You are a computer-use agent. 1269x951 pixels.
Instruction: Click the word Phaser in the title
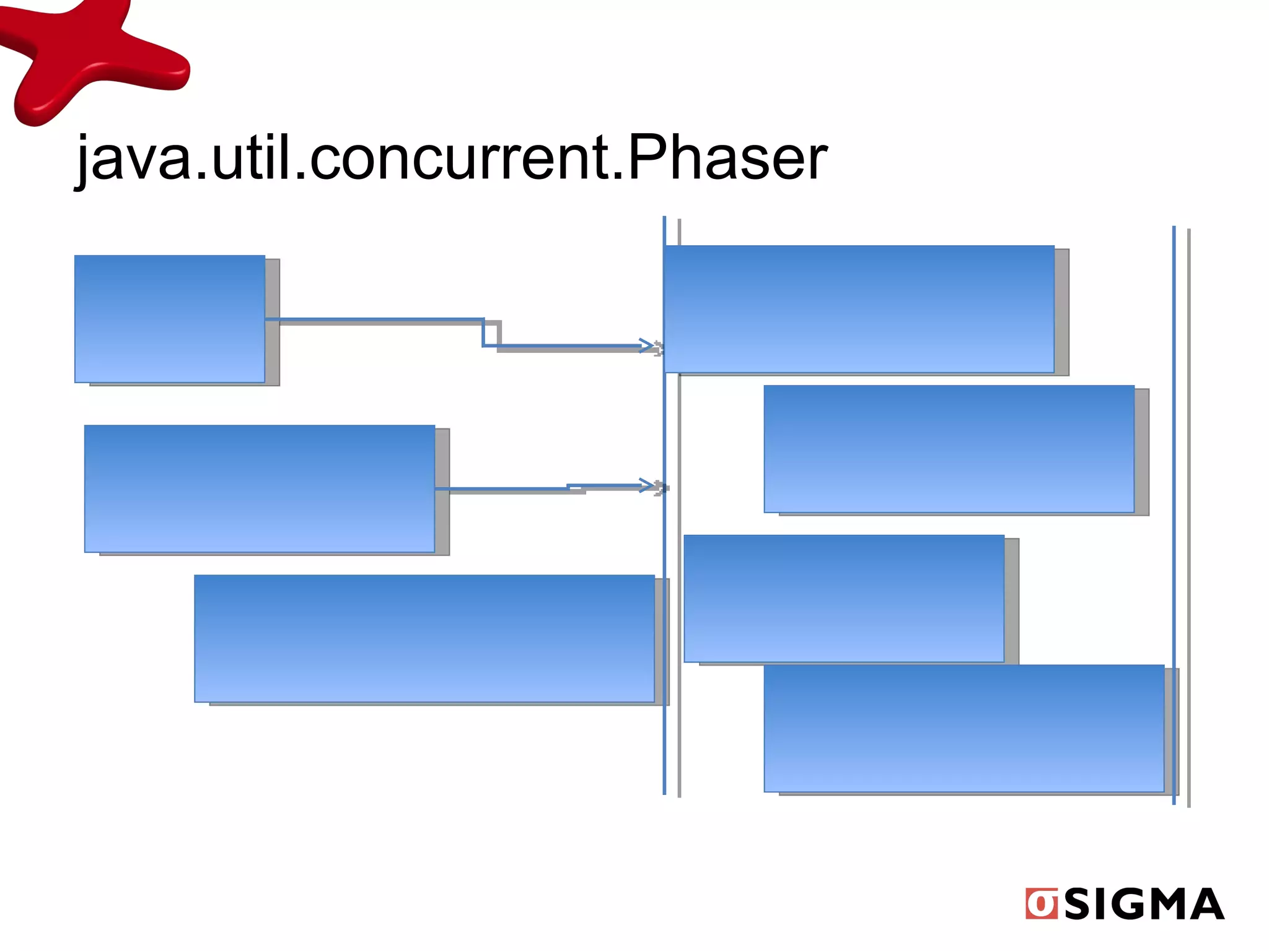[x=727, y=159]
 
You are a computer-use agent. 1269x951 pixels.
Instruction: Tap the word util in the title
[x=251, y=159]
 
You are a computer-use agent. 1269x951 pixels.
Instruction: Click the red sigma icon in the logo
[x=1041, y=904]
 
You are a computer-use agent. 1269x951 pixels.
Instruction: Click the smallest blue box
[x=169, y=319]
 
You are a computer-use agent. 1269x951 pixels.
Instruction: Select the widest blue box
[x=424, y=638]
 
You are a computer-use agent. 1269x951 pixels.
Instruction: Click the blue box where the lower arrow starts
[x=259, y=489]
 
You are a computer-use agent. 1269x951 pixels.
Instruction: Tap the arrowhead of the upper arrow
[x=647, y=345]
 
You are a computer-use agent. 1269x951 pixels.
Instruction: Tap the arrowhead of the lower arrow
[x=647, y=485]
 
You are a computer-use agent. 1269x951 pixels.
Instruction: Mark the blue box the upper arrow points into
[x=859, y=309]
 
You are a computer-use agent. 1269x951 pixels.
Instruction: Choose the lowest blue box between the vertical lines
[x=964, y=728]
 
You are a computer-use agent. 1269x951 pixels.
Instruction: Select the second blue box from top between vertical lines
[x=949, y=449]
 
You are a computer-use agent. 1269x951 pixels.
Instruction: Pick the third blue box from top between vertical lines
[x=843, y=598]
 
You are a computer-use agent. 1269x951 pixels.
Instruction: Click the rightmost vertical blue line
[x=1174, y=514]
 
